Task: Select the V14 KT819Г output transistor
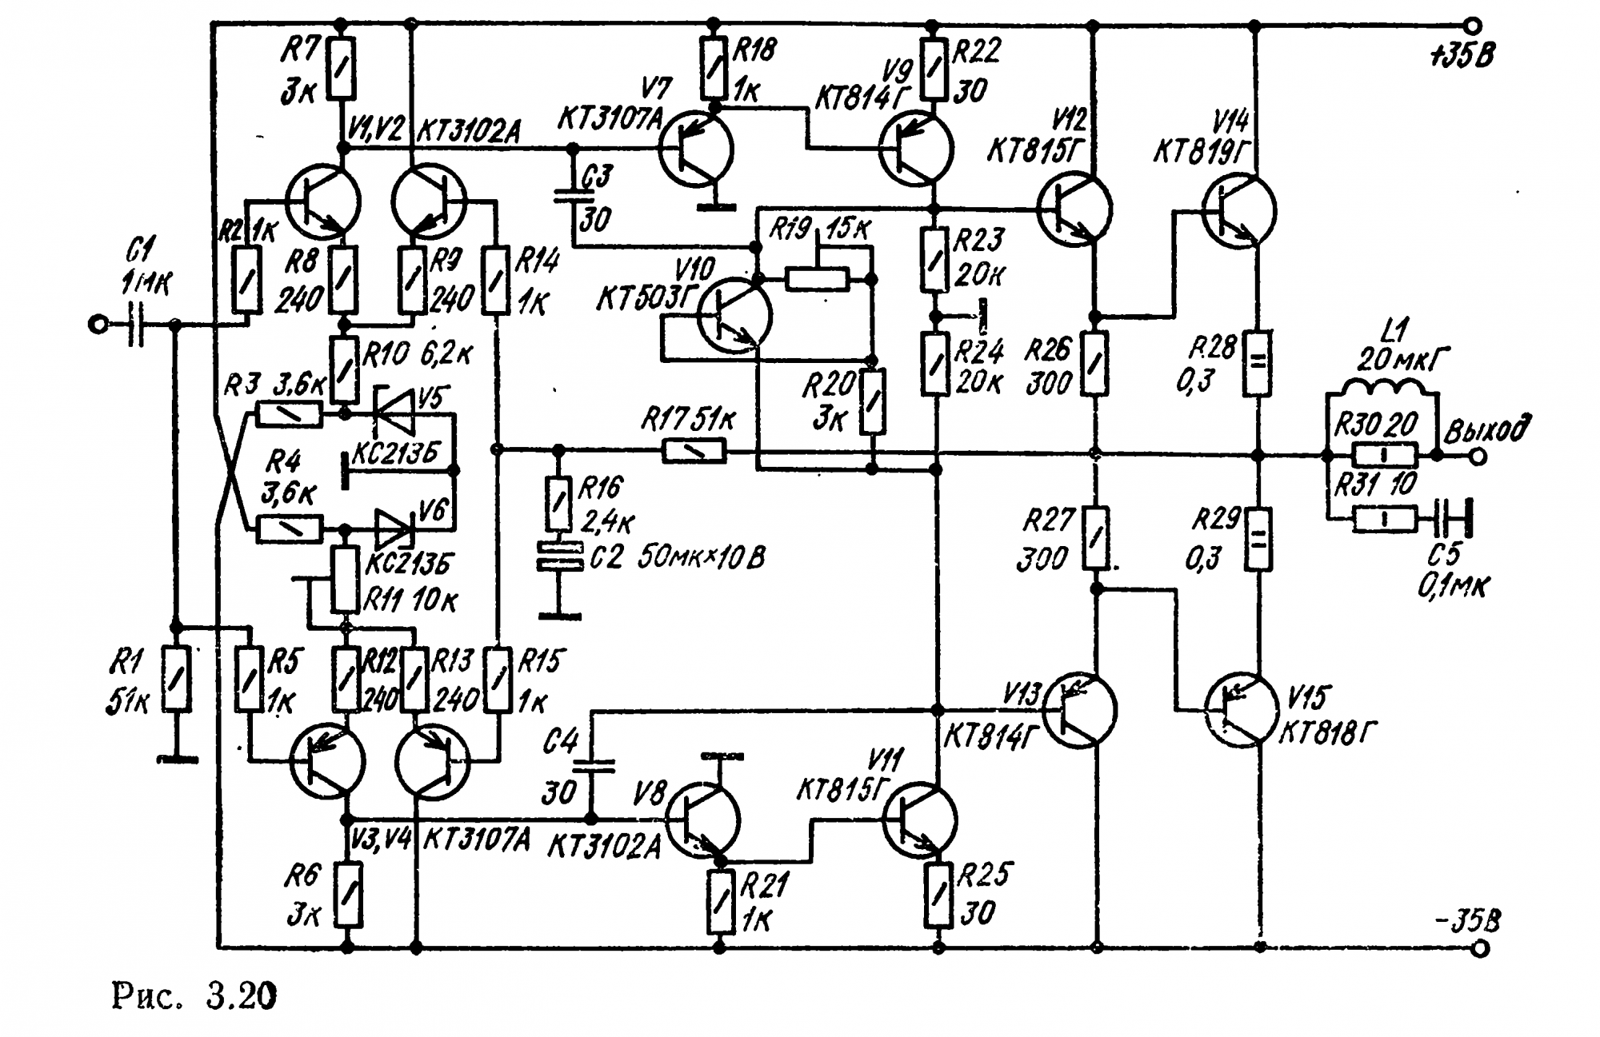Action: [1239, 210]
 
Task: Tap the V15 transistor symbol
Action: [1241, 710]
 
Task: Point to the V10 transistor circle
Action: [734, 315]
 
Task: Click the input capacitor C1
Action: [136, 325]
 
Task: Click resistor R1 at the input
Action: [176, 678]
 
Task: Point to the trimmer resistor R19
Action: [817, 278]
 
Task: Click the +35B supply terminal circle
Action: [1473, 26]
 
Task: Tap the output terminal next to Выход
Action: [1478, 457]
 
